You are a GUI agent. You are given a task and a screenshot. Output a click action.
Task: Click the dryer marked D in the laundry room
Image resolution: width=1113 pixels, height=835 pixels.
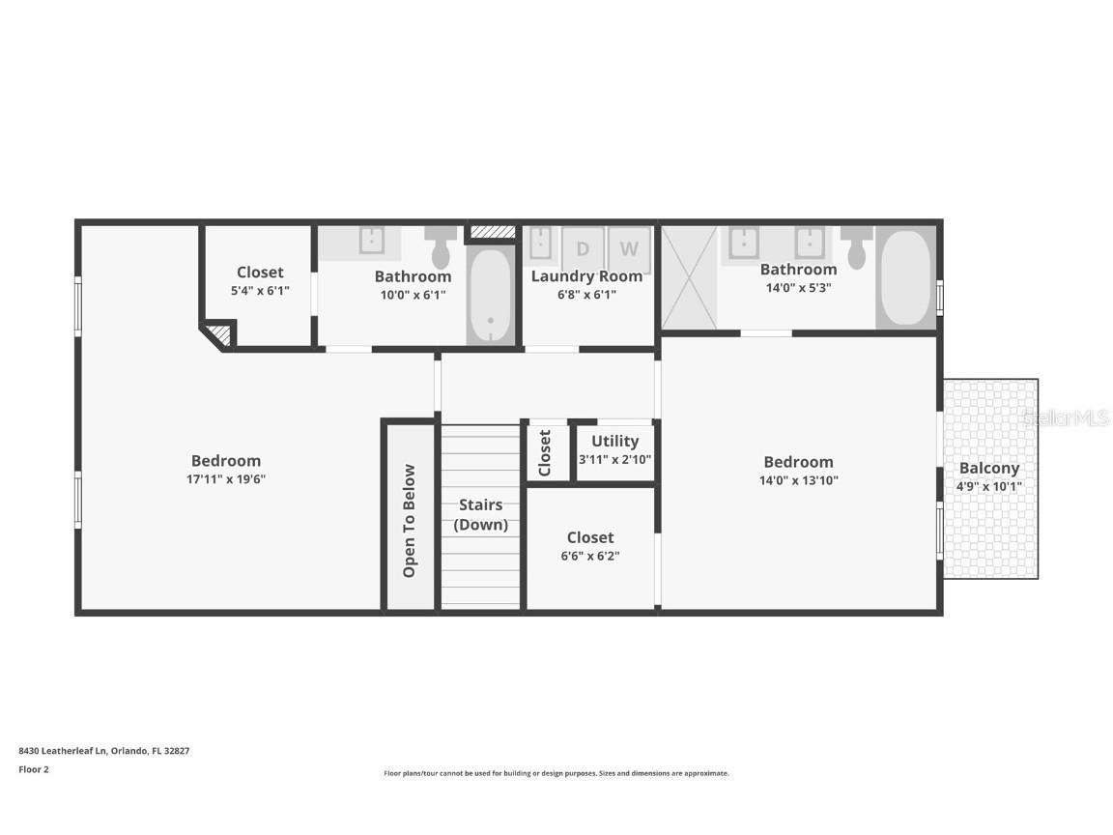(583, 247)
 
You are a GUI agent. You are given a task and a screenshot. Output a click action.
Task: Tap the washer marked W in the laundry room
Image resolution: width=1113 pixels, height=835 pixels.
(629, 247)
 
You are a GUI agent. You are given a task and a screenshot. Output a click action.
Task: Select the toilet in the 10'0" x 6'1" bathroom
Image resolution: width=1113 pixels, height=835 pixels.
(442, 247)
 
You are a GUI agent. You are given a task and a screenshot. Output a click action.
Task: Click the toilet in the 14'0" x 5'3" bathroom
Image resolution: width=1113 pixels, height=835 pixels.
(856, 247)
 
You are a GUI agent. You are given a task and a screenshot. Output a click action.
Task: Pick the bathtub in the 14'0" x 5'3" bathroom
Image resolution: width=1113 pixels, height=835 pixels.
(905, 277)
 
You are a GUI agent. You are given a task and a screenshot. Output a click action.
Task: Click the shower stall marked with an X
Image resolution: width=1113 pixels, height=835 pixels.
(689, 277)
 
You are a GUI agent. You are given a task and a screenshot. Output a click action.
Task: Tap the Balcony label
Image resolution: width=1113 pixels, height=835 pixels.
(989, 468)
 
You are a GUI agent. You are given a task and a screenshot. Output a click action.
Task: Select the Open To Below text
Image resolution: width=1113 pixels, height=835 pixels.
(410, 521)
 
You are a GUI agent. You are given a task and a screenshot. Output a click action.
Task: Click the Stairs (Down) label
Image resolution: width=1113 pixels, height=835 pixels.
(481, 514)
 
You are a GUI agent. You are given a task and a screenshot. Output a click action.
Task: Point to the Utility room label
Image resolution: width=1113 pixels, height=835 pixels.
(615, 441)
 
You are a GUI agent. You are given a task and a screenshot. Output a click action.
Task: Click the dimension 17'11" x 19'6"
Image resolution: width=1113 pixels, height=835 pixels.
(226, 479)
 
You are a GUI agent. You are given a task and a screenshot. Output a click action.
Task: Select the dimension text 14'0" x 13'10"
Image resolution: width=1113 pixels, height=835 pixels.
(798, 480)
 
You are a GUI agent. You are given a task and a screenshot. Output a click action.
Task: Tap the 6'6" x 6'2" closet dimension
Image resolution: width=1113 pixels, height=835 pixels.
(590, 556)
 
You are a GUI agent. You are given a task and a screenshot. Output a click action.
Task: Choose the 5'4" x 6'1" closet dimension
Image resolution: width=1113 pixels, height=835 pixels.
(260, 290)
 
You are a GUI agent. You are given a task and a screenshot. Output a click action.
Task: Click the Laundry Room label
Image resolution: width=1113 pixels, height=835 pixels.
(587, 276)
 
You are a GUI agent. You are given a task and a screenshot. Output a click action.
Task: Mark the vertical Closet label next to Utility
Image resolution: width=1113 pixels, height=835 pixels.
(545, 452)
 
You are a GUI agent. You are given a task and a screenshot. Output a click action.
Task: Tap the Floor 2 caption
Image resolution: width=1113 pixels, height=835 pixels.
(33, 769)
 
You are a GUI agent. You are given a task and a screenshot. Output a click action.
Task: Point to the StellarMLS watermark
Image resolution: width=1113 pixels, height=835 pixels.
(1066, 418)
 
